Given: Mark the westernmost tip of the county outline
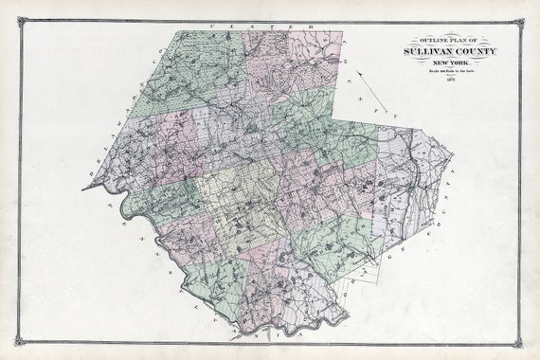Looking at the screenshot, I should pyautogui.click(x=82, y=188).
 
